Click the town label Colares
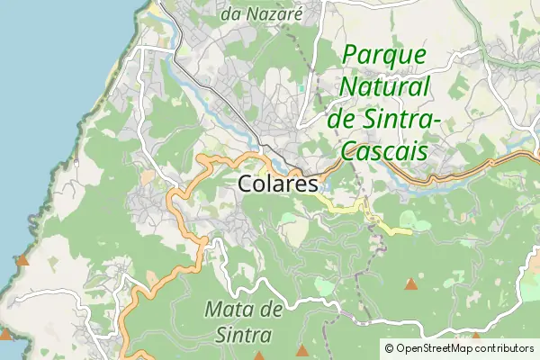[279, 184]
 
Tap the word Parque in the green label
[384, 56]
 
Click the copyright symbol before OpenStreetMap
[390, 348]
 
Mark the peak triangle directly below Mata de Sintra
[303, 350]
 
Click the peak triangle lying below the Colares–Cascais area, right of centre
[411, 284]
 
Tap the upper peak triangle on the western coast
[22, 261]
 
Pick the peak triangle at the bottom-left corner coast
[6, 334]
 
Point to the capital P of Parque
[351, 56]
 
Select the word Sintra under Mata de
[243, 335]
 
